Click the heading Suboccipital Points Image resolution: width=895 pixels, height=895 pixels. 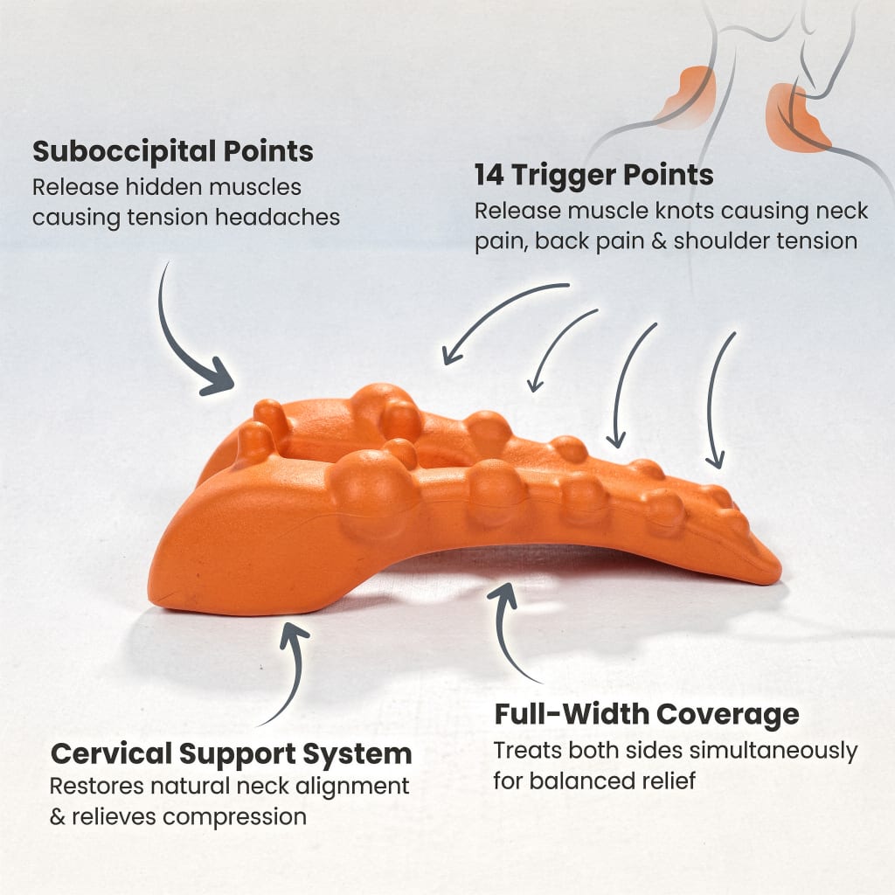point(173,152)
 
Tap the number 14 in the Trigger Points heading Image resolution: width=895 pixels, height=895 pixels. point(489,175)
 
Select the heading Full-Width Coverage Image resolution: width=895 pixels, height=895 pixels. point(647,714)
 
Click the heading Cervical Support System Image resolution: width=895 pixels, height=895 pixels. point(231,754)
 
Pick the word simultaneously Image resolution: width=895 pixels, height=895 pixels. point(778,752)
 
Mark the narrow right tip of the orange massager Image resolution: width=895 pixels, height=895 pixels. point(775,571)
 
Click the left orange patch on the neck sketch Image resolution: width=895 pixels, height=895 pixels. point(688,97)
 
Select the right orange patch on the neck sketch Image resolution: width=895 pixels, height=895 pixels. point(795,119)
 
